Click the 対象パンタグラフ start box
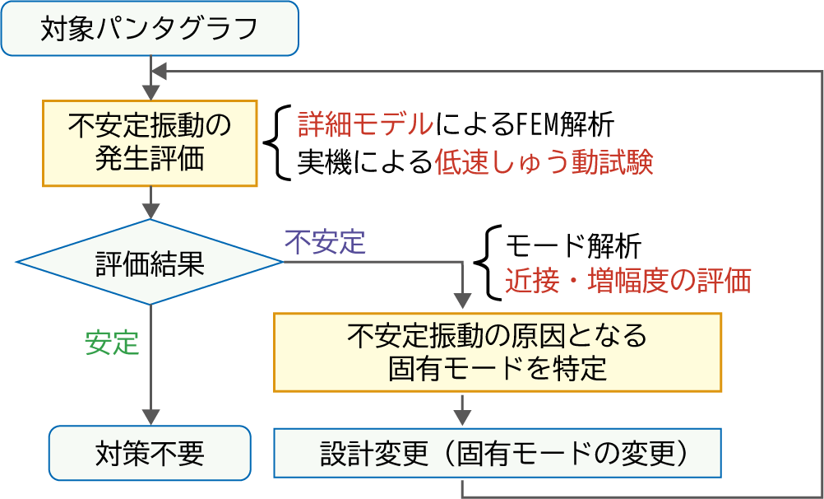[150, 29]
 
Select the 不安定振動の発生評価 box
[150, 143]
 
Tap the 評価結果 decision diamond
[150, 262]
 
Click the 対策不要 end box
[150, 453]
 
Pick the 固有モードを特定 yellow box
[498, 352]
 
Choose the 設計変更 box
[498, 453]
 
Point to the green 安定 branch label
[112, 343]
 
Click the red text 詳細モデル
[366, 125]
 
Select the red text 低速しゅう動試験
[544, 164]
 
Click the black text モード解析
[573, 246]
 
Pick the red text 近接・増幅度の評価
[628, 282]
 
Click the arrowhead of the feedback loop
[159, 71]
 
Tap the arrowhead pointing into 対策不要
[150, 417]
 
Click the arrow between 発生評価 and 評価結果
[150, 203]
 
